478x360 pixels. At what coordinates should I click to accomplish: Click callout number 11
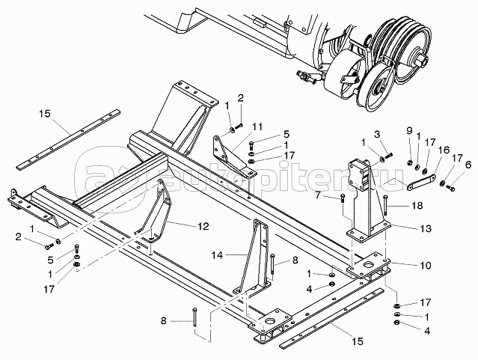pyautogui.click(x=257, y=125)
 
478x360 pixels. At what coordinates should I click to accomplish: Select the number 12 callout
pyautogui.click(x=203, y=224)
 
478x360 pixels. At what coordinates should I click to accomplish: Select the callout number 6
pyautogui.click(x=468, y=165)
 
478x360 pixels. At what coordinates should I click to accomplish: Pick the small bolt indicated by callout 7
pyautogui.click(x=343, y=199)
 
